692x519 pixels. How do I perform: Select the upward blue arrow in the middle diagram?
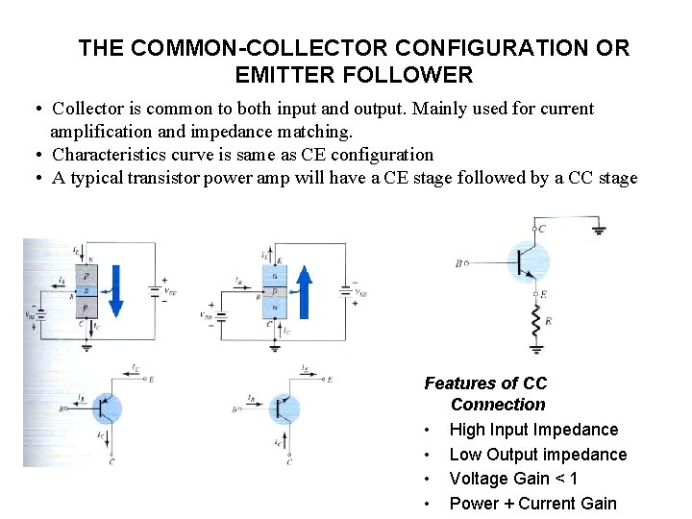pyautogui.click(x=304, y=292)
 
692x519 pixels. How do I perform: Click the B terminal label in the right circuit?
pyautogui.click(x=458, y=261)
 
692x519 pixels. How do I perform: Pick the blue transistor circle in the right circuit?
pyautogui.click(x=527, y=262)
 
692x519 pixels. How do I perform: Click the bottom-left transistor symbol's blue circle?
pyautogui.click(x=108, y=408)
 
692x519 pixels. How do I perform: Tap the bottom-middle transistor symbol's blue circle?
pyautogui.click(x=284, y=408)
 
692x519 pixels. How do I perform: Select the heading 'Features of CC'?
pyautogui.click(x=485, y=383)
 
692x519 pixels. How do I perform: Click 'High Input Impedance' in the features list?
pyautogui.click(x=533, y=430)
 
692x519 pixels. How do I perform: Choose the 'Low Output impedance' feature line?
pyautogui.click(x=537, y=455)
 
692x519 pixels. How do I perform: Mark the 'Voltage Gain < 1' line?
pyautogui.click(x=513, y=479)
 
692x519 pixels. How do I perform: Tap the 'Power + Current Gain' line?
pyautogui.click(x=532, y=504)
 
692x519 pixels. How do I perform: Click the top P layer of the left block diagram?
pyautogui.click(x=86, y=277)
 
